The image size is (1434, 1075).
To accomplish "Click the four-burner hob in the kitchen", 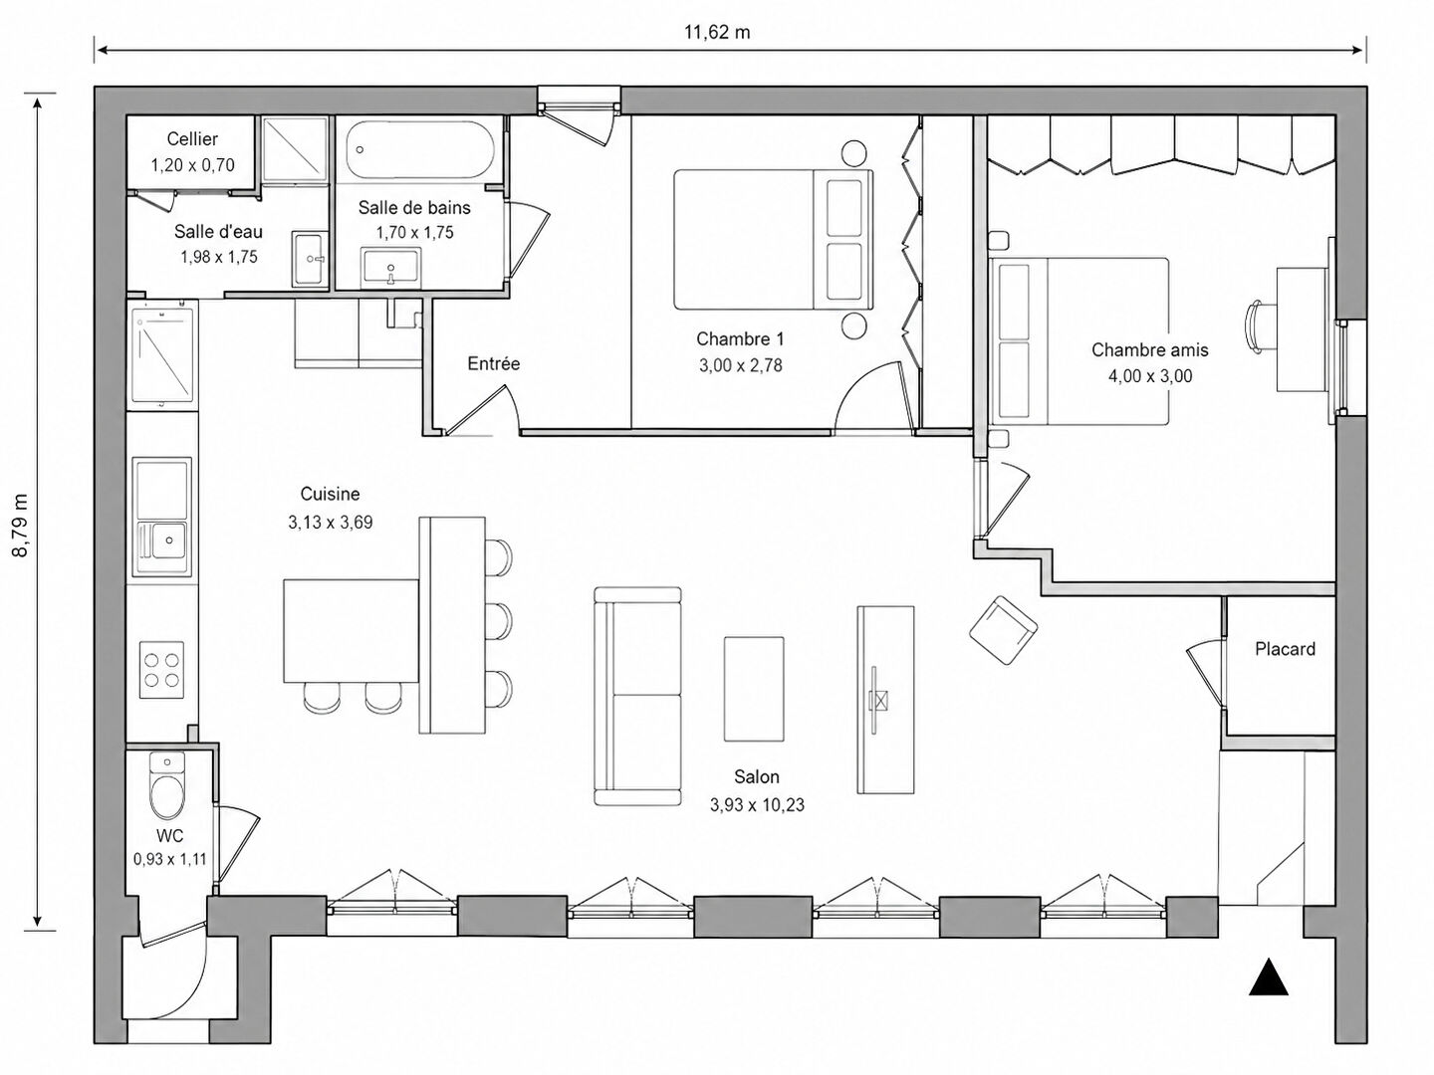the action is coord(161,670).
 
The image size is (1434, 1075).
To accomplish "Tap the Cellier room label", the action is coord(192,138).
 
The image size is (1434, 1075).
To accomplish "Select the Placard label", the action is coord(1285,649).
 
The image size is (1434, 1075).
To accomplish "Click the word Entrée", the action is coord(494,363).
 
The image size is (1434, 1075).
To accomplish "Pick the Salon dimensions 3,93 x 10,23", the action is coord(757,805).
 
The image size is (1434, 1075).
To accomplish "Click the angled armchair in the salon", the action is coord(1004,630).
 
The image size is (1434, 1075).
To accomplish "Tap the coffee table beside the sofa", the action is coord(754,689).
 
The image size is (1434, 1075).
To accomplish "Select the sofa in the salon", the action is coord(637,696).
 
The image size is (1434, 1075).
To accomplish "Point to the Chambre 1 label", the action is coord(740,338).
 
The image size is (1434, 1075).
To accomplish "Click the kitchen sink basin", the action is coord(168,540).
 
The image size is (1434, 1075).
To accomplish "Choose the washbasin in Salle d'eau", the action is coord(310,259).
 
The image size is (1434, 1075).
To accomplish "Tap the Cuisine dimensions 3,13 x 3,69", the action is coord(331,523).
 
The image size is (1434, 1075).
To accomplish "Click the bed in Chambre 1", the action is coord(774,240).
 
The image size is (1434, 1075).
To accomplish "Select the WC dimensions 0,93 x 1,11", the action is coord(170,859).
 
